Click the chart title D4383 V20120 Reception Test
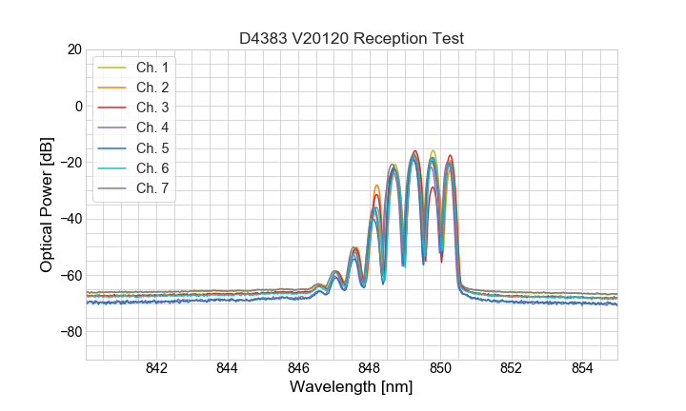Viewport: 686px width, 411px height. tap(351, 38)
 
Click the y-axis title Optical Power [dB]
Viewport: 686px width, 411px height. tap(47, 204)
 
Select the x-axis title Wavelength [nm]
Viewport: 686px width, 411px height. tap(351, 388)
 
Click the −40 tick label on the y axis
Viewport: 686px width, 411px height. tap(70, 219)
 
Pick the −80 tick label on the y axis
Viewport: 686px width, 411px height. tap(70, 332)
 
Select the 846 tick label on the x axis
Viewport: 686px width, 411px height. tap(298, 368)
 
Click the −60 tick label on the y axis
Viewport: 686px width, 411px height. tap(70, 276)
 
